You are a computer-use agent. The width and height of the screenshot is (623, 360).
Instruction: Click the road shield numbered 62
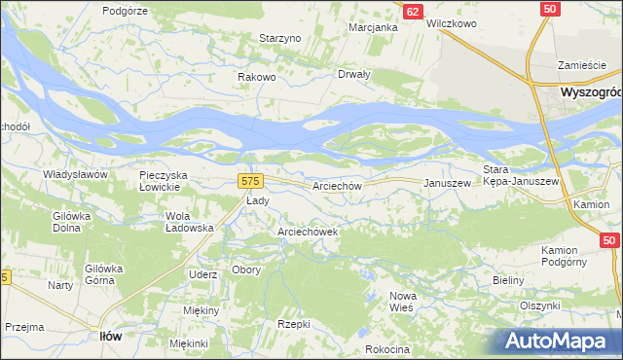click(413, 12)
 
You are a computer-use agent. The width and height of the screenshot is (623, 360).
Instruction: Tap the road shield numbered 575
click(249, 182)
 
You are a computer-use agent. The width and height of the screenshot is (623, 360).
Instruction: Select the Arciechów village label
click(338, 185)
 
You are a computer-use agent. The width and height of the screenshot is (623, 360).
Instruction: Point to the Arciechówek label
click(308, 233)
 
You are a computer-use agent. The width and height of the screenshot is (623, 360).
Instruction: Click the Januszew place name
click(448, 183)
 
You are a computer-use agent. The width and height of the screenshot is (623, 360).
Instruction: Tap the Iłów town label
click(111, 336)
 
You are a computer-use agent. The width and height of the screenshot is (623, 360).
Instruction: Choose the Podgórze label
click(124, 10)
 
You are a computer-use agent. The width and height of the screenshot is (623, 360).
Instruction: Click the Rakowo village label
click(258, 77)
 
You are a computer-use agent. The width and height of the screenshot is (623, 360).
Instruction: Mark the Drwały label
click(353, 74)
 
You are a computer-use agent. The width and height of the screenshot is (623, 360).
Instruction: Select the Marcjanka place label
click(374, 27)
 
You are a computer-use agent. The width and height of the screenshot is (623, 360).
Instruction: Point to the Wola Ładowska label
click(190, 222)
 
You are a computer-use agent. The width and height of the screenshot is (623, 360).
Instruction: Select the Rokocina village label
click(387, 349)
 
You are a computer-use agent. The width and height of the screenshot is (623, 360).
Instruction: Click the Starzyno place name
click(280, 38)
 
